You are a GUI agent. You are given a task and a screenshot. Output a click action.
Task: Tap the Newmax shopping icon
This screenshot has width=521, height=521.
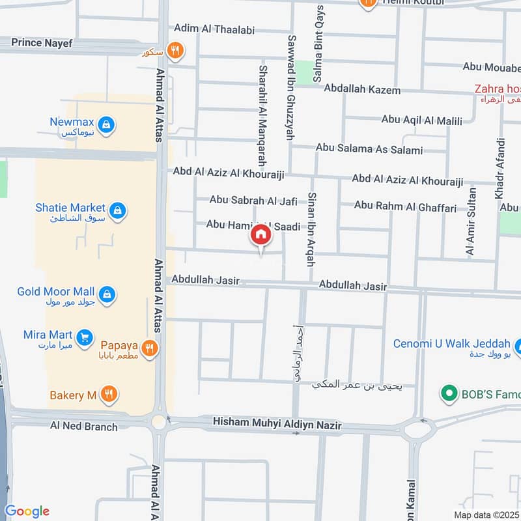click(x=107, y=123)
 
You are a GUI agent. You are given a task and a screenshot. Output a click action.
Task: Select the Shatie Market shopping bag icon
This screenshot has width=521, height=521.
click(x=118, y=210)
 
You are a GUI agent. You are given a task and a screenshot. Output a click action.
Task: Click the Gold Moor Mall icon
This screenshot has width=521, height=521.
click(x=107, y=294)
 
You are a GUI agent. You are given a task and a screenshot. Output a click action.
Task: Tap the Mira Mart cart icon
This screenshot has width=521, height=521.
click(x=83, y=337)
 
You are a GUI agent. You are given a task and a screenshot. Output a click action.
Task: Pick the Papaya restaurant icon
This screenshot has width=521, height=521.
click(x=150, y=348)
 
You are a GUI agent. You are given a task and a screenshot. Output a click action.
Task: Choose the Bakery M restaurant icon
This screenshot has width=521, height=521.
click(x=109, y=395)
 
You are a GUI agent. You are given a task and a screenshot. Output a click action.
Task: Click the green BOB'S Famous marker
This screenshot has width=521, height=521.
click(x=447, y=393)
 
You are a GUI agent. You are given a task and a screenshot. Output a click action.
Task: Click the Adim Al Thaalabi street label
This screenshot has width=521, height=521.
click(x=214, y=29)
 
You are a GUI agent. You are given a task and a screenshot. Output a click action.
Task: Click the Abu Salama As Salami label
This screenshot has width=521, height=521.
click(x=369, y=149)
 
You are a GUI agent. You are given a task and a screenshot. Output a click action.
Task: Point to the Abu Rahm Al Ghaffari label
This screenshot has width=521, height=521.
click(x=405, y=206)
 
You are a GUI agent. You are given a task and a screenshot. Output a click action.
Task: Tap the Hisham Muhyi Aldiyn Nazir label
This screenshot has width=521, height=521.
click(x=277, y=425)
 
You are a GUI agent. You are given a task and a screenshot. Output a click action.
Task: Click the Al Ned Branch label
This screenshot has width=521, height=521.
click(x=84, y=427)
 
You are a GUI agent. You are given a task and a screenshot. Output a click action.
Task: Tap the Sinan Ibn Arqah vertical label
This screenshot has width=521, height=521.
click(x=311, y=229)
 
